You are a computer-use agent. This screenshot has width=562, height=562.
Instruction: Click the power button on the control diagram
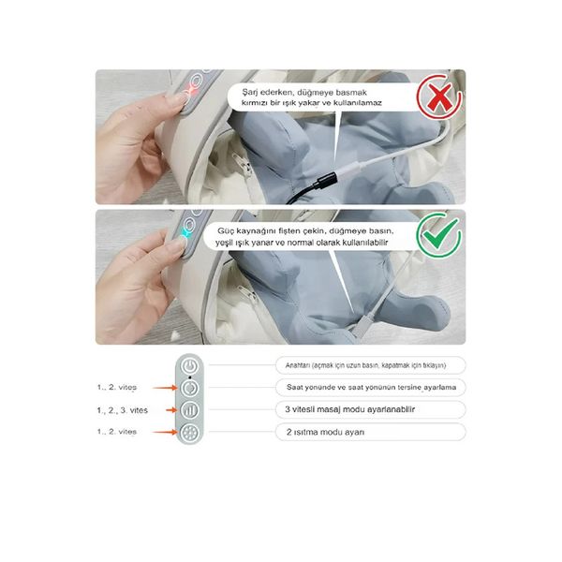click(x=190, y=365)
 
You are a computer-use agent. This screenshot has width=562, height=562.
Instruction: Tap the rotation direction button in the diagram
click(x=190, y=387)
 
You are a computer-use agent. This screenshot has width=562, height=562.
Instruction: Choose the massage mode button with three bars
click(x=190, y=409)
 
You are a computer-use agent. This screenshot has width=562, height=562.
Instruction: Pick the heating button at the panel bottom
click(x=190, y=432)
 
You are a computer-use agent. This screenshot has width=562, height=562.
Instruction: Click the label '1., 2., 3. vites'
click(x=123, y=410)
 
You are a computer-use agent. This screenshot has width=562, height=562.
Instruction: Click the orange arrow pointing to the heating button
click(x=165, y=432)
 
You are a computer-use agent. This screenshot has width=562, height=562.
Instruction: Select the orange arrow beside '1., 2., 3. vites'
click(x=165, y=410)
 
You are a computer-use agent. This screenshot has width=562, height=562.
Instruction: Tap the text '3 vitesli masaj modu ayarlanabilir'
click(x=348, y=409)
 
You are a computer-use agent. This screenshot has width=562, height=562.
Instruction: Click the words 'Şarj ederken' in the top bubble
click(x=263, y=92)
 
